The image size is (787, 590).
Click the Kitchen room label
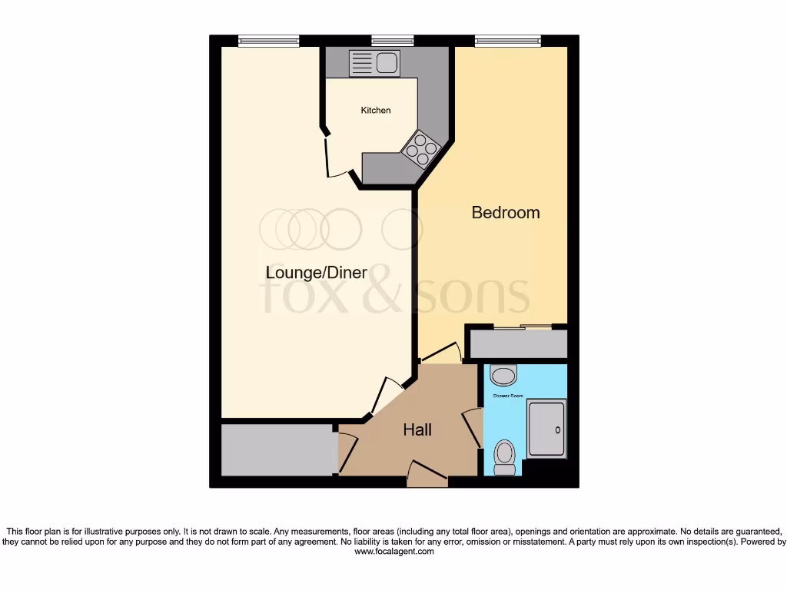click(376, 111)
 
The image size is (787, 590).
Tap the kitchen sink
click(374, 62)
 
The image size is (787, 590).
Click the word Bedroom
click(505, 213)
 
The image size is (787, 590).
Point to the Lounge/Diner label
click(316, 273)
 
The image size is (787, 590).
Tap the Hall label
click(417, 430)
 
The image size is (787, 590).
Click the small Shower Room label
click(507, 396)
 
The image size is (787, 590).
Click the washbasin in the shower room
click(503, 376)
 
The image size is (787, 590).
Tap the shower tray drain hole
click(559, 430)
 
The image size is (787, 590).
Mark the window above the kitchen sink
click(392, 41)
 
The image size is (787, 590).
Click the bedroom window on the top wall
click(507, 41)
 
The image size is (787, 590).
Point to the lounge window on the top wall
click(268, 41)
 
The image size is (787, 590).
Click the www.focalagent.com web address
click(393, 552)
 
